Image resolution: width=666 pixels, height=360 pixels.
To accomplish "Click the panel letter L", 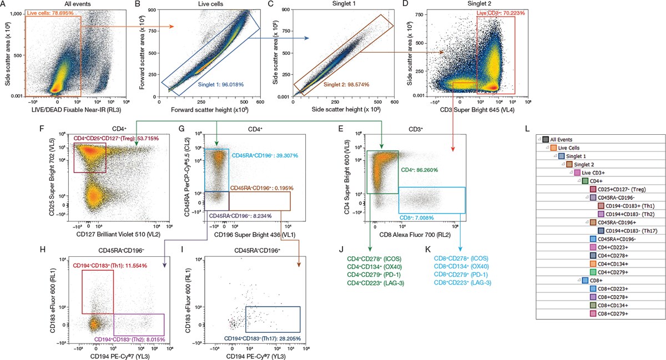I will (528, 129).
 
